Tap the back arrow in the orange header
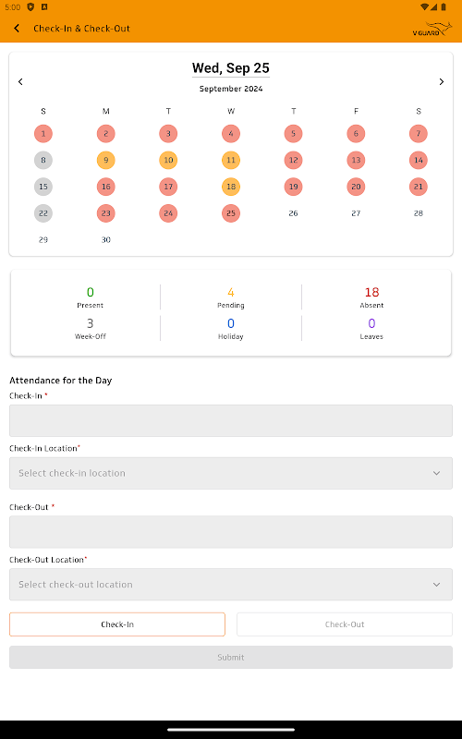click(17, 29)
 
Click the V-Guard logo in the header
click(432, 29)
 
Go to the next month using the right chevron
click(442, 81)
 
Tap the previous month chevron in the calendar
click(20, 81)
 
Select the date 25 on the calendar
click(230, 213)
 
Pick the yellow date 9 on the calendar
click(105, 160)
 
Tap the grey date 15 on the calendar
click(43, 187)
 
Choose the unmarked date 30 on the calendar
click(105, 240)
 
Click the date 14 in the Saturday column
click(419, 160)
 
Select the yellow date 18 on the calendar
click(230, 187)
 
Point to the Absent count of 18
click(371, 292)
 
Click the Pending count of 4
click(230, 292)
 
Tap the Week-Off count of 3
click(90, 323)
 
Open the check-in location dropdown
click(230, 473)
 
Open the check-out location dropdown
click(230, 585)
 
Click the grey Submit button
click(230, 657)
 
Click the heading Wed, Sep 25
click(230, 68)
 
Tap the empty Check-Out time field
click(230, 532)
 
